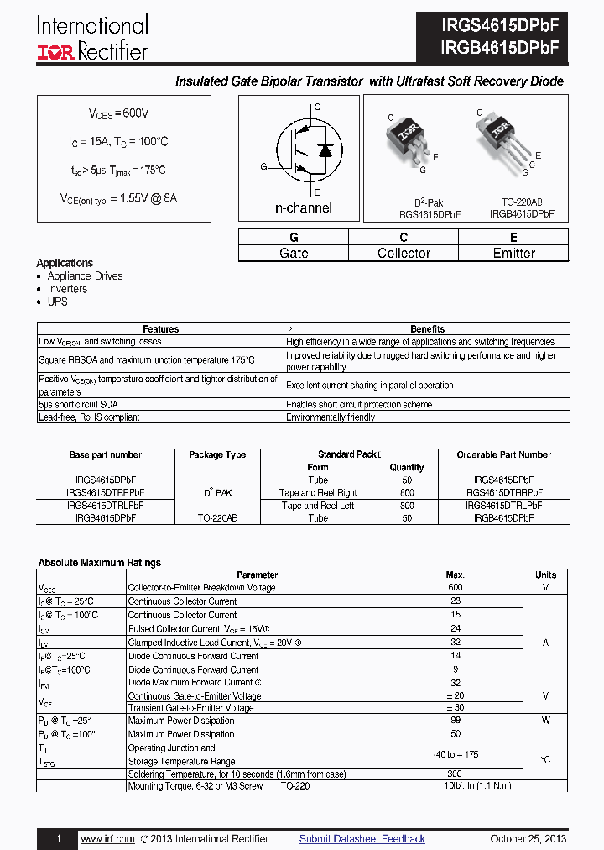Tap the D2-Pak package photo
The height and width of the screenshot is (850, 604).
coord(409,139)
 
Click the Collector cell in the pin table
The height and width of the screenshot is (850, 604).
coord(404,253)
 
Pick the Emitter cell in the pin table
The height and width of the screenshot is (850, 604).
coord(513,253)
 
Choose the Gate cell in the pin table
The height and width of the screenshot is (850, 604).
coord(294,253)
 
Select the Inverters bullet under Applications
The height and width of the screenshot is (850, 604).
coord(67,289)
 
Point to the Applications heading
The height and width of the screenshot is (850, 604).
coord(65,263)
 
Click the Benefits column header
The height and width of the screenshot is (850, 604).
coord(427,329)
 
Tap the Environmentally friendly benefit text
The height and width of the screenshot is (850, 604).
coord(331,417)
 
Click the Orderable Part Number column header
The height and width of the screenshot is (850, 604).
coord(503,454)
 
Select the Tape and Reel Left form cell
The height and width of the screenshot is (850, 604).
coord(318,506)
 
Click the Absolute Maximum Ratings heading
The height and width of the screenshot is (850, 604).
coord(100,563)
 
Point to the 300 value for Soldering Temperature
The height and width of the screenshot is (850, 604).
coord(455,774)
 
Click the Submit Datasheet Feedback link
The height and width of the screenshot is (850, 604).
coord(362,839)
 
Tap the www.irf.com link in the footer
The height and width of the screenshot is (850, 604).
coord(107,839)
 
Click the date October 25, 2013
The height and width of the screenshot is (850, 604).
coord(528,839)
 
